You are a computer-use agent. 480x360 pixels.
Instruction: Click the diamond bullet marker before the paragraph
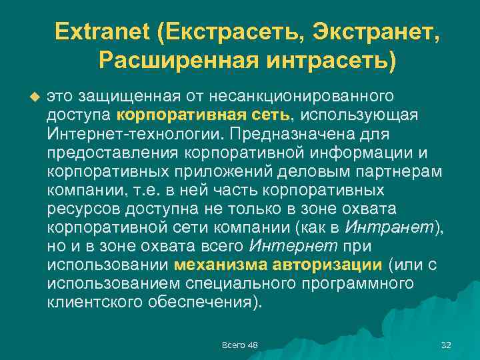35,97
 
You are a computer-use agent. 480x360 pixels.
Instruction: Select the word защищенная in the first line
134,97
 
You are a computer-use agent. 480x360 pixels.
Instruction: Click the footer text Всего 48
240,344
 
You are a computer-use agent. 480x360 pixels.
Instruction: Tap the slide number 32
446,344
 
